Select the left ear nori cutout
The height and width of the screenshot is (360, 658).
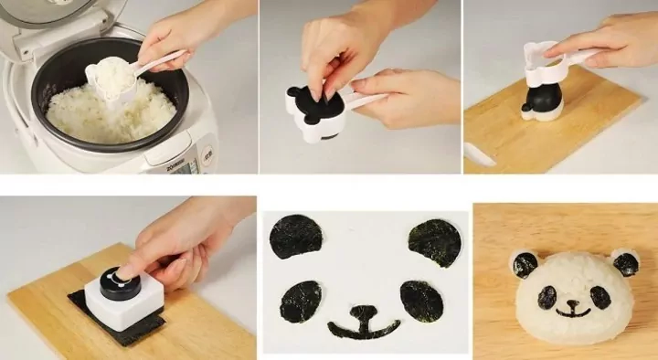[296, 236]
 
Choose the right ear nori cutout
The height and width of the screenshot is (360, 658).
[433, 242]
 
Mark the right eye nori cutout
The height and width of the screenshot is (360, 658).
[420, 301]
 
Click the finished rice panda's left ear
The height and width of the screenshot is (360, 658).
[525, 265]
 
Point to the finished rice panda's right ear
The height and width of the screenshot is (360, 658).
[625, 264]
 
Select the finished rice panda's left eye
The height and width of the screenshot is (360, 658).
[547, 297]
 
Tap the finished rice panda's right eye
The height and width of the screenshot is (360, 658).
[600, 297]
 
